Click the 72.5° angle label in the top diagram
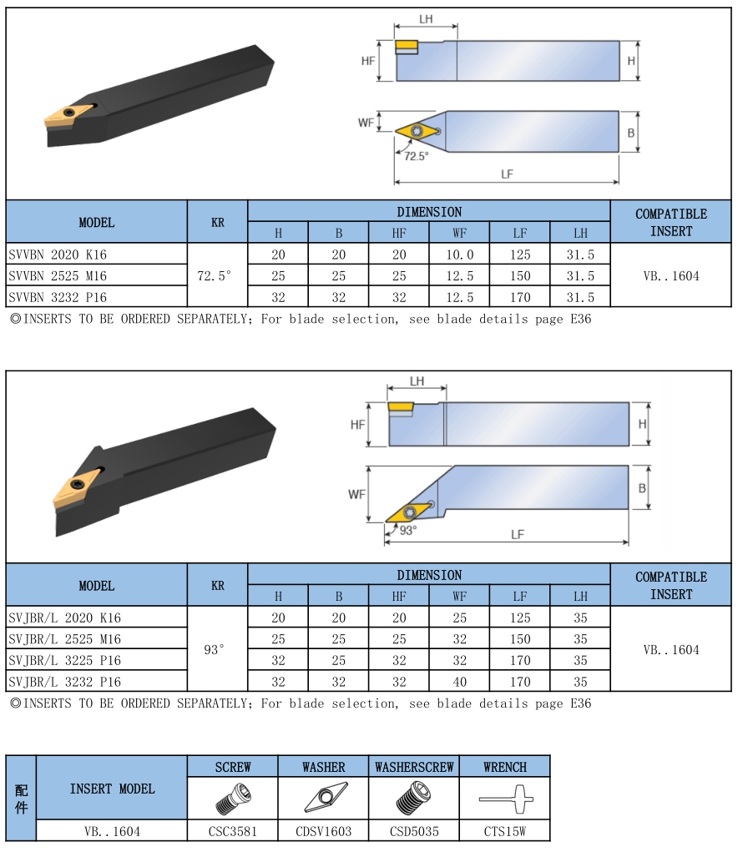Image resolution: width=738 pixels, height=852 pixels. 417,156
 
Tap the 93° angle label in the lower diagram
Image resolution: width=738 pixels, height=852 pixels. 408,530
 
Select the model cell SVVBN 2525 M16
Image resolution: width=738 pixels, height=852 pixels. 58,276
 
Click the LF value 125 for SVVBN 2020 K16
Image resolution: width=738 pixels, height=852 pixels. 520,255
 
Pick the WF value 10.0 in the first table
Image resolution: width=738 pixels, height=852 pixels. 460,255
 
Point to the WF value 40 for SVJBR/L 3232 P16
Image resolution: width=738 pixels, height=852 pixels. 460,682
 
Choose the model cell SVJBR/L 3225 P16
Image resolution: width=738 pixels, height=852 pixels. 64,660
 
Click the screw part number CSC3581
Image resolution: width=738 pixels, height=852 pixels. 233,831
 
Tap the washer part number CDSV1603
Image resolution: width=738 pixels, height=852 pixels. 323,831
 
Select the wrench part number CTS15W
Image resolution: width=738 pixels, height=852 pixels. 505,831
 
